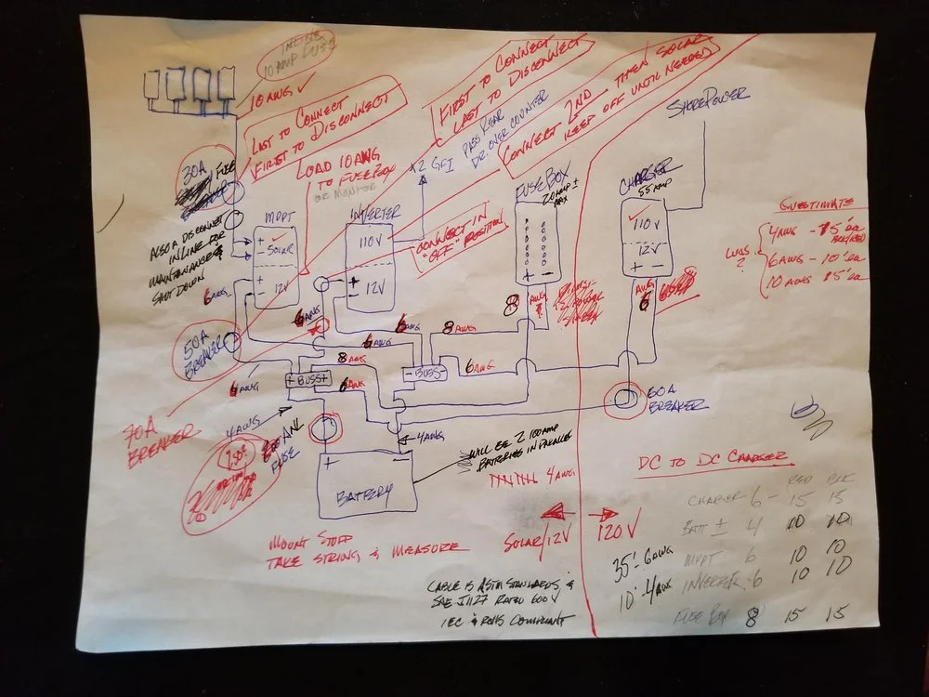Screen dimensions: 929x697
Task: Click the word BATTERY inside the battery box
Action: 364,493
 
